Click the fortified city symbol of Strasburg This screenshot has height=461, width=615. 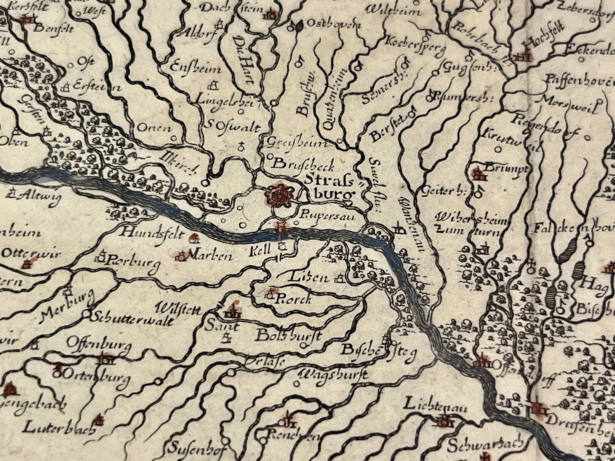(280, 194)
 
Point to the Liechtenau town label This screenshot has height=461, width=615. (435, 404)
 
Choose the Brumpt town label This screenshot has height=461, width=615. (508, 168)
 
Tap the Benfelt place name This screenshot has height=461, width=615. (54, 28)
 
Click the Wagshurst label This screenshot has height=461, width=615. (333, 375)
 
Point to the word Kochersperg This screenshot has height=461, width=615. (415, 45)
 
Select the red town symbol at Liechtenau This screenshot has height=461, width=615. (444, 421)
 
